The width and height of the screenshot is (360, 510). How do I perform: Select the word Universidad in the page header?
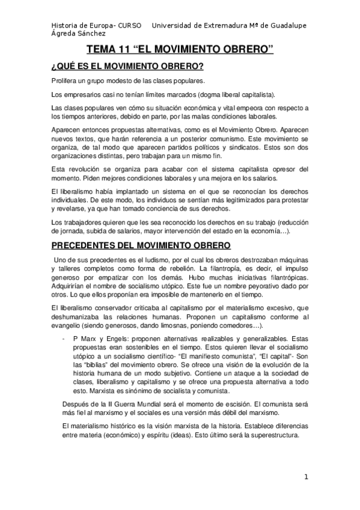click(174, 25)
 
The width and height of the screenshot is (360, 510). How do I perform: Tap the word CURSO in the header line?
click(129, 25)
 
